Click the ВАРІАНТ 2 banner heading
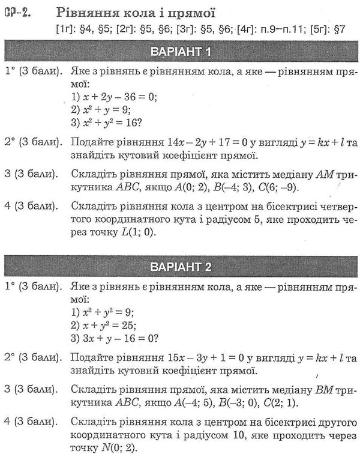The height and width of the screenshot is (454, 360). coord(180,266)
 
